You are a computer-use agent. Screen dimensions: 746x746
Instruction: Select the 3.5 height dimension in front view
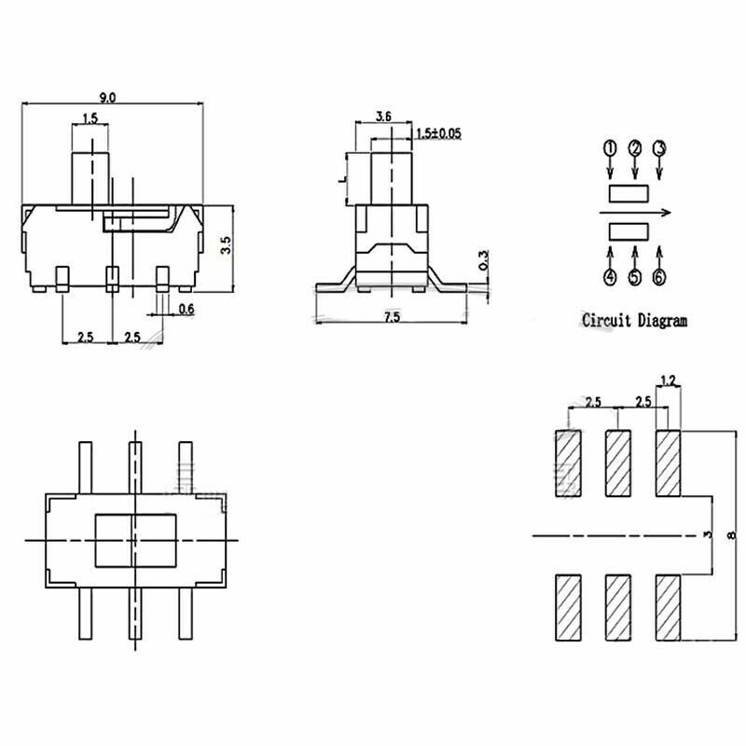point(224,246)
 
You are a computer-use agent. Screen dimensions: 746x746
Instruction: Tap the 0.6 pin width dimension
point(186,309)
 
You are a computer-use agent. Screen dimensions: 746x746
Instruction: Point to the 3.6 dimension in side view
point(382,117)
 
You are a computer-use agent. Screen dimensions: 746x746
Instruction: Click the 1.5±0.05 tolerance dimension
point(437,133)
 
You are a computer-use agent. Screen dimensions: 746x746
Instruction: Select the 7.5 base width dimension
point(391,317)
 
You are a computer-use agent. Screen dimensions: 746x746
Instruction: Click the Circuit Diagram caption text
point(634,320)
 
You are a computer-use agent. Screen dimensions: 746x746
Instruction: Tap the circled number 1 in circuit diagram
point(610,148)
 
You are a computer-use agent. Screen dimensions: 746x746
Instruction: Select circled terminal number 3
point(659,148)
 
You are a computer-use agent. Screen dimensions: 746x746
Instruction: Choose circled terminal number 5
point(635,277)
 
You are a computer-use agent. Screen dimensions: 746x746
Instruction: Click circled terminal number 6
point(659,277)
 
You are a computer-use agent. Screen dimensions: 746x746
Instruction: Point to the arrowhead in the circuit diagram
point(667,213)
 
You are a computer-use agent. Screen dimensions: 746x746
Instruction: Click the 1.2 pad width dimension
point(668,380)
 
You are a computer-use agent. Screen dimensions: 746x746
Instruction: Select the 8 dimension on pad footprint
point(730,534)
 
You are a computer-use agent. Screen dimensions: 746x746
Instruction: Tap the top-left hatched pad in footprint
point(567,464)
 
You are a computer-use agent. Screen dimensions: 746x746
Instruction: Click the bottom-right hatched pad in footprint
point(668,607)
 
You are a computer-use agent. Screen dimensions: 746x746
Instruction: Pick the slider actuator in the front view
point(90,168)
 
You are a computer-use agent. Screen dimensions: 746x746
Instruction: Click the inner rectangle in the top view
point(136,540)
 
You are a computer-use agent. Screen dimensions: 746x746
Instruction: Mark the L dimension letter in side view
point(343,177)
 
